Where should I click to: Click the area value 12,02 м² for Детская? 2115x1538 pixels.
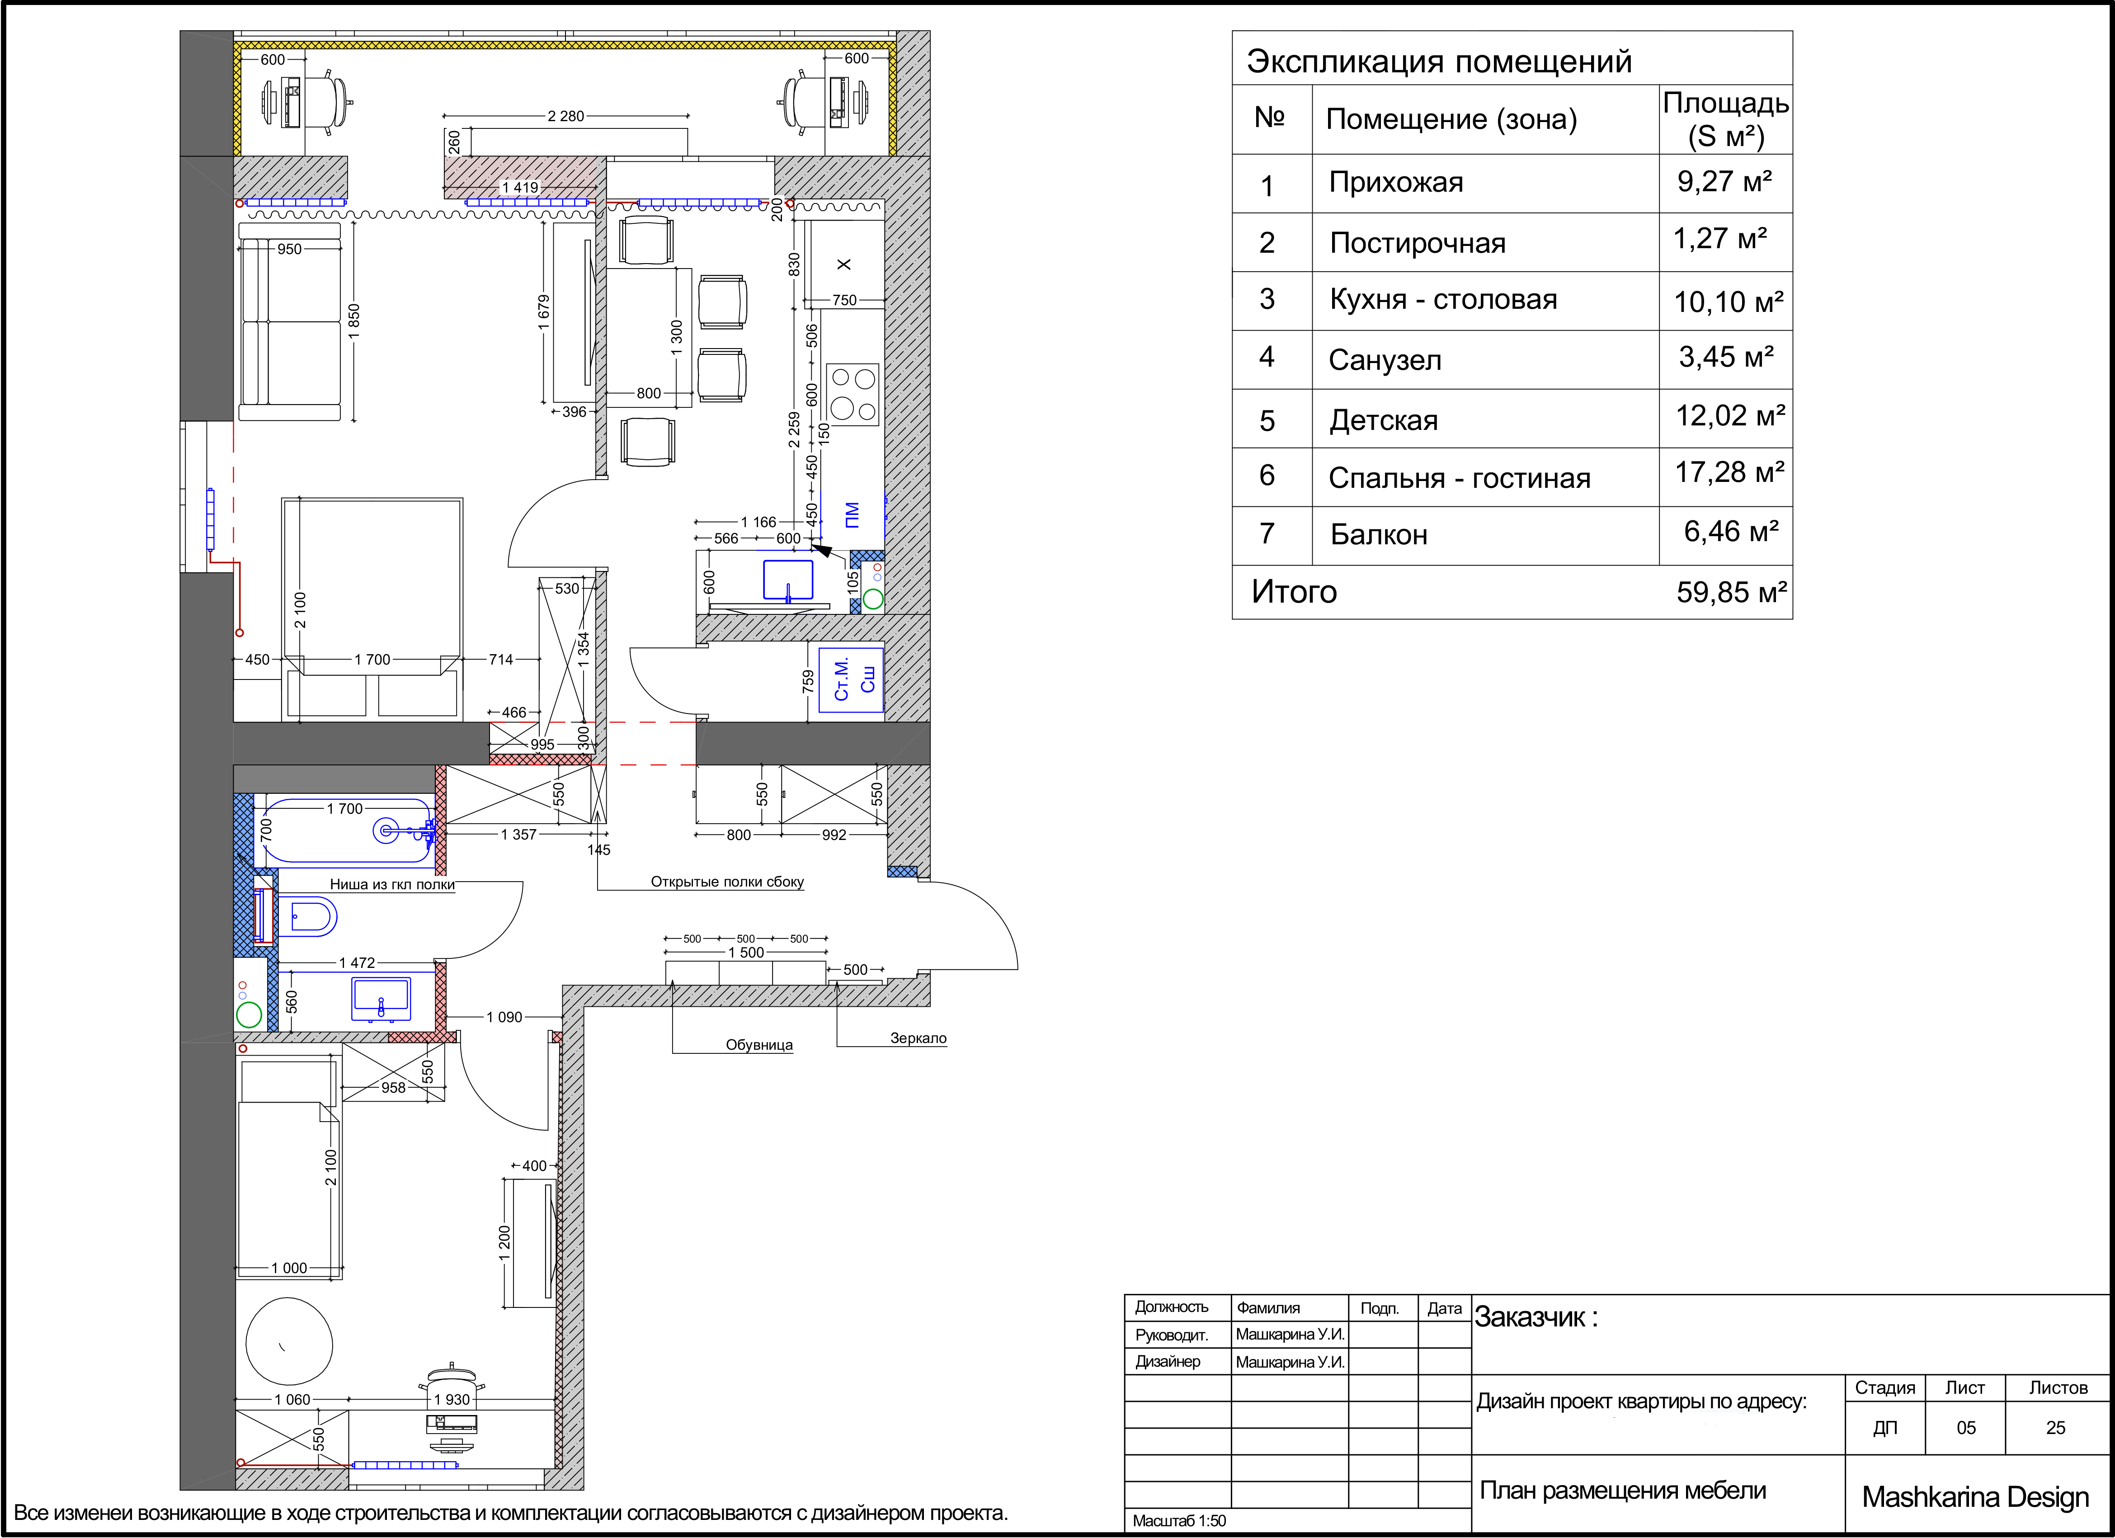point(1730,416)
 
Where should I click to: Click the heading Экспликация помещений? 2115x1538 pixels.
point(1439,61)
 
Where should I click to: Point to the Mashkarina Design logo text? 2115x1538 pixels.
point(1975,1497)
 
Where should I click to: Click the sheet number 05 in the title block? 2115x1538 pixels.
point(1966,1428)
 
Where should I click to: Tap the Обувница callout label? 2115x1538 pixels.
point(759,1045)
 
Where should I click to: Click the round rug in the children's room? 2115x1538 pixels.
point(289,1341)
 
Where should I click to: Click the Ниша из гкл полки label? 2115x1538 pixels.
point(391,884)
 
